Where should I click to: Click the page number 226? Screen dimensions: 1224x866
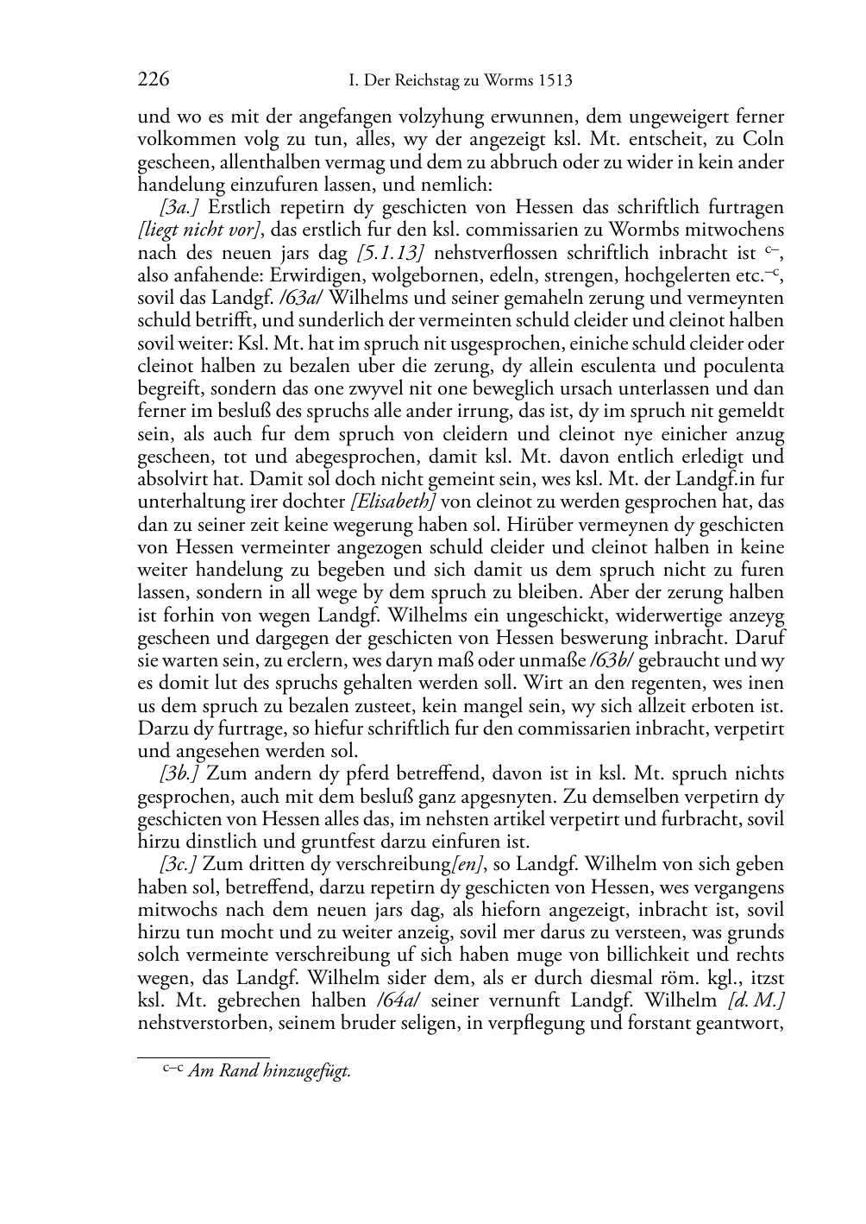coord(153,81)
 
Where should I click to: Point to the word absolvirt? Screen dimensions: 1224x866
coord(172,479)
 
